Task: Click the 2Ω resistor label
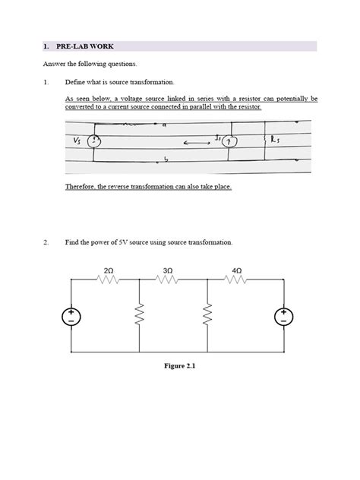pyautogui.click(x=109, y=270)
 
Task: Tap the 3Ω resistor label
pyautogui.click(x=168, y=270)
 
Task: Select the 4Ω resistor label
pyautogui.click(x=237, y=270)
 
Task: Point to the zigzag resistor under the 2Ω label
pyautogui.click(x=109, y=279)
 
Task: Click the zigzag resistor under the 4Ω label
pyautogui.click(x=237, y=279)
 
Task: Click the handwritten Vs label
pyautogui.click(x=77, y=141)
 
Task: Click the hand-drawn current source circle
pyautogui.click(x=234, y=141)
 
